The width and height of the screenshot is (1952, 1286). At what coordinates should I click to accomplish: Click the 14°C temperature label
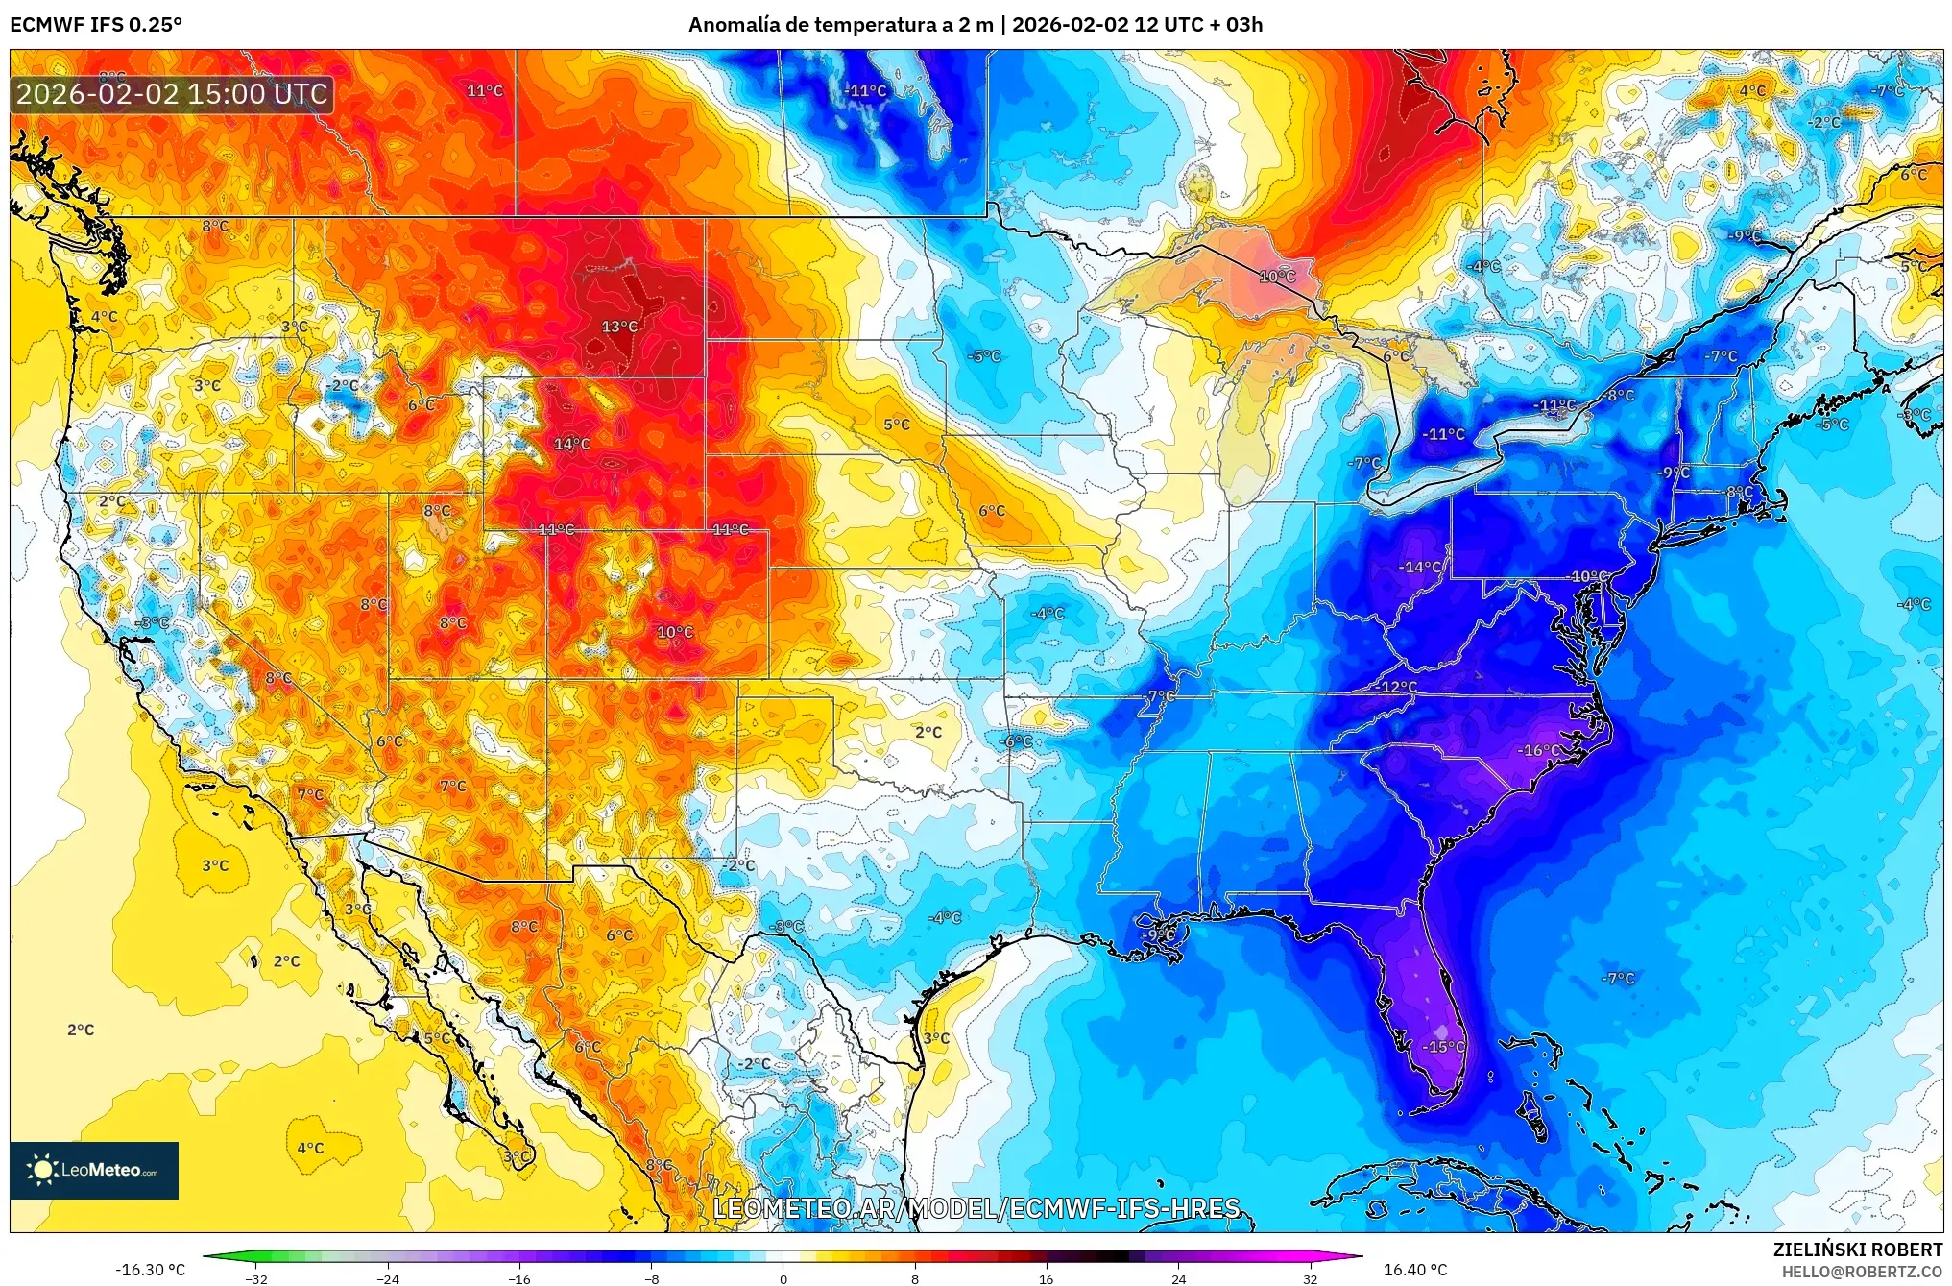(571, 444)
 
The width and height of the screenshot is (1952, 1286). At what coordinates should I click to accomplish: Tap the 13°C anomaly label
(619, 327)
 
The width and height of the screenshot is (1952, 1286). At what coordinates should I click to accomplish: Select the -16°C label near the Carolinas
(1538, 750)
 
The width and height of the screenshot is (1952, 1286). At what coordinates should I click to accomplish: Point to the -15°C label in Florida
(1442, 1047)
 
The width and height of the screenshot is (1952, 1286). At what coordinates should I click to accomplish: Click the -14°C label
(1419, 568)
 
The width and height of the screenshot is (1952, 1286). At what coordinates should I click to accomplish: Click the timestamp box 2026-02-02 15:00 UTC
(172, 94)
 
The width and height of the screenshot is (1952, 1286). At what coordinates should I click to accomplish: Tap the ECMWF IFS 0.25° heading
(96, 25)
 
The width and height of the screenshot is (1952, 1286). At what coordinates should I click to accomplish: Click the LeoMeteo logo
(94, 1170)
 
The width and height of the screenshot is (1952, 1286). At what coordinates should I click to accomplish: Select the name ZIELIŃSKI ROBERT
(1857, 1250)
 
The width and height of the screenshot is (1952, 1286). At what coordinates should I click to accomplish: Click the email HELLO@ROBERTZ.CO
(1862, 1272)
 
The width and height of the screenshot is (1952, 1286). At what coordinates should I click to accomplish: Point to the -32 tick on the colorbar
(256, 1279)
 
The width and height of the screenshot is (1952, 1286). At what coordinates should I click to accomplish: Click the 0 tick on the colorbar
(783, 1279)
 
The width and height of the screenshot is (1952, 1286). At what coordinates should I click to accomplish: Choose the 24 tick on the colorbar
(1178, 1279)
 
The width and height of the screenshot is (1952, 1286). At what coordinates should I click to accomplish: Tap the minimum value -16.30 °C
(151, 1270)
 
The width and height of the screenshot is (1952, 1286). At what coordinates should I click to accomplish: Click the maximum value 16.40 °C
(1414, 1270)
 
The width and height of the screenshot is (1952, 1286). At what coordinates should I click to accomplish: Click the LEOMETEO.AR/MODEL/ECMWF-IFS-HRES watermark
(976, 1208)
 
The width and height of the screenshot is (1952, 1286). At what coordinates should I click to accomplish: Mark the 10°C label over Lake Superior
(1277, 277)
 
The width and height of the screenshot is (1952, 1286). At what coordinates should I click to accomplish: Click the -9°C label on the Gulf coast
(1159, 934)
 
